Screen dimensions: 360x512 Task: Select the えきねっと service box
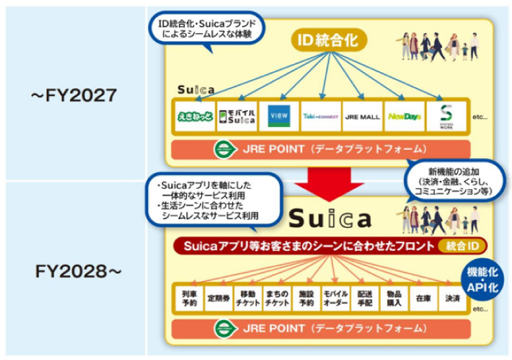point(194,116)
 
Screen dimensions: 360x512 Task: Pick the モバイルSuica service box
point(236,116)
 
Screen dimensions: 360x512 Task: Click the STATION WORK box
point(444,116)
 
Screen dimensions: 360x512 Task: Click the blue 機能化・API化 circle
point(483,273)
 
